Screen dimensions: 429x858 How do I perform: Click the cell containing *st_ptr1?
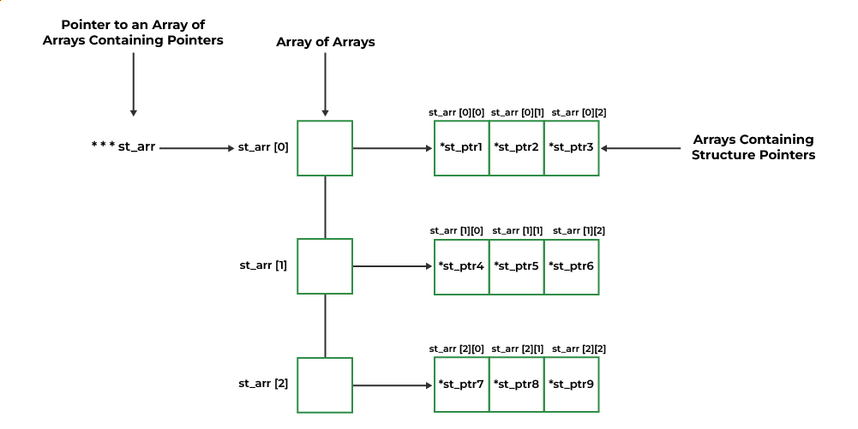[x=461, y=148]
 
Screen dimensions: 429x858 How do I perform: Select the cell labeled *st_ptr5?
[x=516, y=266]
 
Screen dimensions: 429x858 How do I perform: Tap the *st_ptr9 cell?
[x=571, y=384]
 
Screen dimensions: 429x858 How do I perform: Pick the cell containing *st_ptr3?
[x=571, y=148]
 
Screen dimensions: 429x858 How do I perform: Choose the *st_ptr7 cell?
[x=461, y=384]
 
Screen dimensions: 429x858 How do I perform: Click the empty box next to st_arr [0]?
[x=325, y=148]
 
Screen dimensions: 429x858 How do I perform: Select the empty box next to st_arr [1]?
[x=325, y=266]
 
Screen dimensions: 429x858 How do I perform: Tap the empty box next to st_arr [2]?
[x=325, y=384]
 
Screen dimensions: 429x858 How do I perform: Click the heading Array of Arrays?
[x=325, y=42]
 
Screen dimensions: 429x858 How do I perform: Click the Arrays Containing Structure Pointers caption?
[x=753, y=147]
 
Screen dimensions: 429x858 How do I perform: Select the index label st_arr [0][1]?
[x=517, y=112]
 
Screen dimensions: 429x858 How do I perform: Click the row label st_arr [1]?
[x=262, y=265]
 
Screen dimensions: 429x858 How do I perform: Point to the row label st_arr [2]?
[x=262, y=384]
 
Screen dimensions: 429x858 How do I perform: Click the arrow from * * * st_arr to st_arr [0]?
[x=196, y=148]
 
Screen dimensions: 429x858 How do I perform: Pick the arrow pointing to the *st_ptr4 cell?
[x=393, y=266]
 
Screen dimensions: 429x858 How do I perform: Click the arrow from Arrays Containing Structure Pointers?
[x=643, y=148]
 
